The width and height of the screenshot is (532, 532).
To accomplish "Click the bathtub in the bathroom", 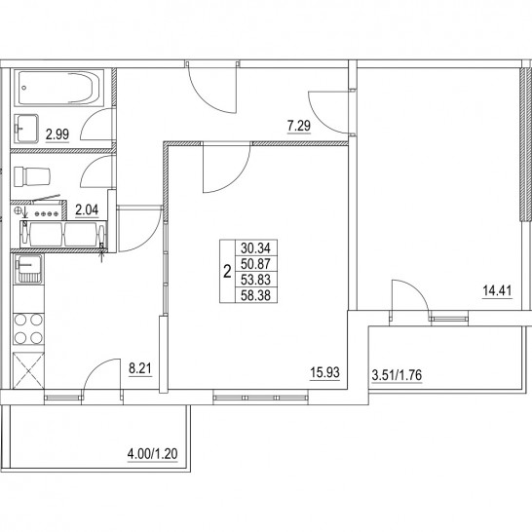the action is (x=58, y=88).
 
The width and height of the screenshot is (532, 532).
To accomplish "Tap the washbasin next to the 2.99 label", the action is (x=26, y=129).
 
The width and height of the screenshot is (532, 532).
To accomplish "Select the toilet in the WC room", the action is (x=32, y=176).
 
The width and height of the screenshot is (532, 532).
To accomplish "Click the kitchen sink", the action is (x=28, y=269).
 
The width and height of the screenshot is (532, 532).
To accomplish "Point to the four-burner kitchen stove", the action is (x=28, y=328).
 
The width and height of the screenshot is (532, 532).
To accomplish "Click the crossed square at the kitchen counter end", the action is (x=28, y=370).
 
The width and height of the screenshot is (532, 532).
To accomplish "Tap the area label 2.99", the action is (x=57, y=134).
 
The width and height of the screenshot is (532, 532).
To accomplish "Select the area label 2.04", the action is (x=87, y=210).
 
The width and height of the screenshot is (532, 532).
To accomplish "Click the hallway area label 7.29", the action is (x=299, y=127).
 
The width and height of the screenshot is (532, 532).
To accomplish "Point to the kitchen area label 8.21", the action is (x=140, y=368).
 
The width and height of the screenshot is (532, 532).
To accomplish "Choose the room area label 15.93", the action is (x=324, y=372).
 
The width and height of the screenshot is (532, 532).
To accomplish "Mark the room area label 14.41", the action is (x=497, y=291).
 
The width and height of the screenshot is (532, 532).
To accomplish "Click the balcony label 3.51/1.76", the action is (x=397, y=375).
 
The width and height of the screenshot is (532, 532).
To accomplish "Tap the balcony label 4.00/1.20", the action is (x=152, y=454).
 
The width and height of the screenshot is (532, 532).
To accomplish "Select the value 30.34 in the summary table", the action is (x=255, y=248).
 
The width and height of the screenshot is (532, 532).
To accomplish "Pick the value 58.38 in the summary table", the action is (x=255, y=295).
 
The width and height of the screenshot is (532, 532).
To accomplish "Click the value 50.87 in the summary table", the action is (x=255, y=264).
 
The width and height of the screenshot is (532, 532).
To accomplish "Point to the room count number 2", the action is (x=227, y=272).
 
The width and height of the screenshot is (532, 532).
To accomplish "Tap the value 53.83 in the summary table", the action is (x=255, y=280).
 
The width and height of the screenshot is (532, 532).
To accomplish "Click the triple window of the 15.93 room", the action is (x=261, y=398).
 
